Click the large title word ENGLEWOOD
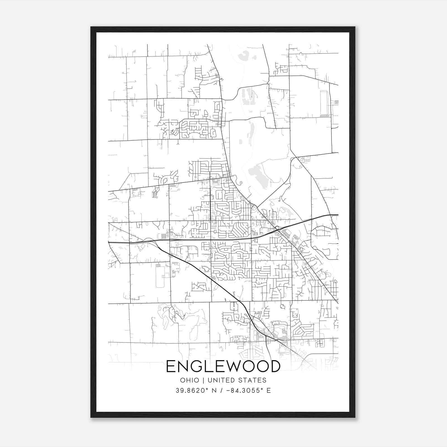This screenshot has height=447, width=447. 223,366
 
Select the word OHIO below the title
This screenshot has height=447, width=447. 190,380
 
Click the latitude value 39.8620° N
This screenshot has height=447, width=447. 196,391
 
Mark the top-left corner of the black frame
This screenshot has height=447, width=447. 91,27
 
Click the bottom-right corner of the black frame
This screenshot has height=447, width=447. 355,417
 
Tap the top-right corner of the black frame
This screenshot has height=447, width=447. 355,27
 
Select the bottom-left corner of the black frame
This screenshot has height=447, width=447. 91,417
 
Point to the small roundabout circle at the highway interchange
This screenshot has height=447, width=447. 277,228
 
